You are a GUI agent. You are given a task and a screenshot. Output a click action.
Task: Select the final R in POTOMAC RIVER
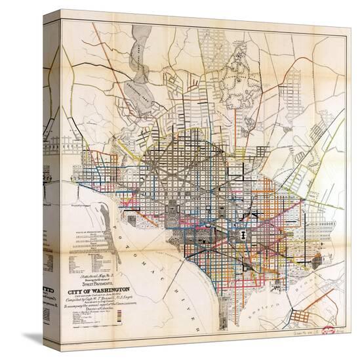(194, 327)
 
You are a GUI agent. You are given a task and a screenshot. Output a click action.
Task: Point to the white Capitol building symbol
(243, 234)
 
